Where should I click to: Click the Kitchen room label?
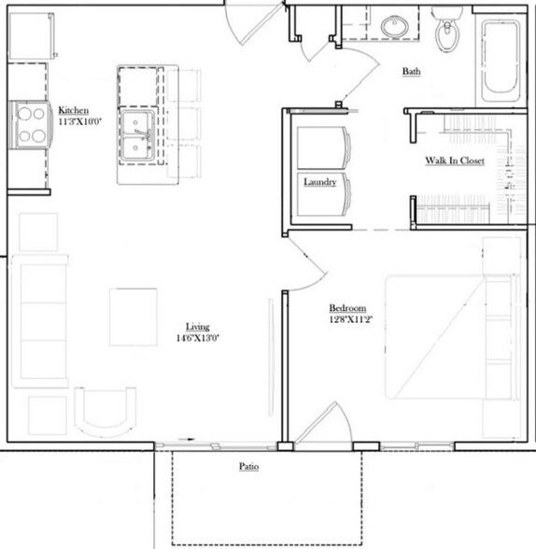(74, 109)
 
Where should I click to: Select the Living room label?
(197, 326)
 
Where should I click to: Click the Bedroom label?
(346, 309)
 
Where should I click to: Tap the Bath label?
(411, 72)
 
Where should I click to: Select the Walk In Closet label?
(455, 162)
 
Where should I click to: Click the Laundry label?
(319, 182)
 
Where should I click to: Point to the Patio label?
(247, 465)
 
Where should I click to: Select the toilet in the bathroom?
(450, 35)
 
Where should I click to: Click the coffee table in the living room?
(134, 317)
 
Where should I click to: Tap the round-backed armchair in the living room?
(104, 409)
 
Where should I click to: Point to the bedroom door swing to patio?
(325, 423)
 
